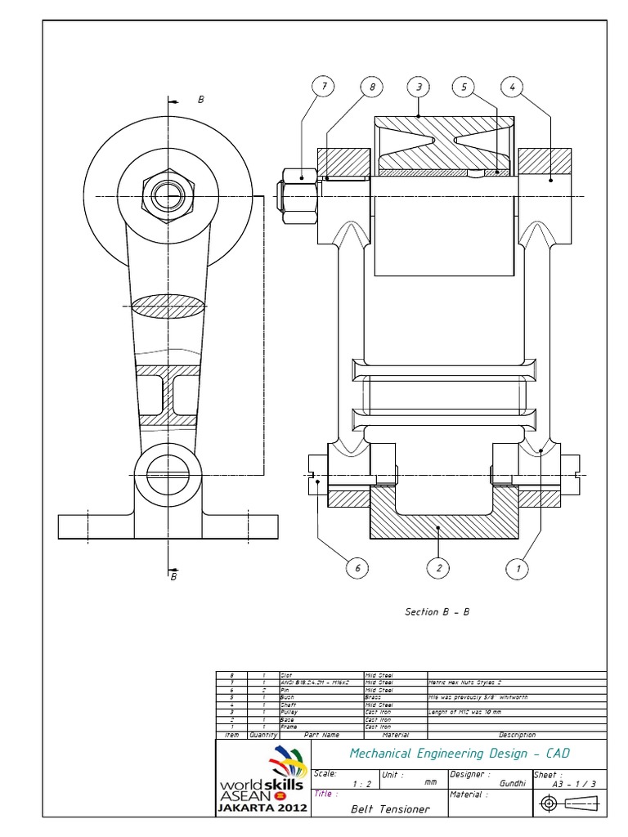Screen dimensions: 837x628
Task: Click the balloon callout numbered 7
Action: (324, 87)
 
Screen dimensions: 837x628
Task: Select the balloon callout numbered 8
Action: (371, 87)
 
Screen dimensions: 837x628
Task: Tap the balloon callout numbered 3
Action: (419, 87)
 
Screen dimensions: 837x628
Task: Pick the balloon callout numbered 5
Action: (464, 87)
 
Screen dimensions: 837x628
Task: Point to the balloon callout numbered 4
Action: (512, 87)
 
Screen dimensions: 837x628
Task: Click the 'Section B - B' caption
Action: (437, 611)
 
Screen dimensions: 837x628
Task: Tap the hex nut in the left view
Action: (168, 196)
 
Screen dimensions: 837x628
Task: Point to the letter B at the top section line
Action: (201, 99)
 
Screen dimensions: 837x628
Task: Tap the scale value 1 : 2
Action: (360, 783)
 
